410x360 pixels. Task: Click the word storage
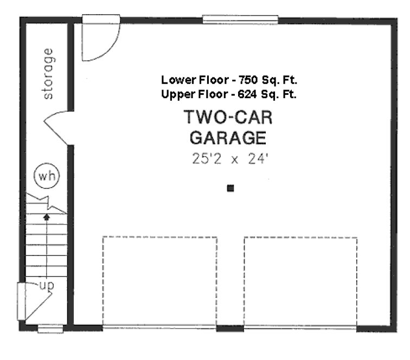48,74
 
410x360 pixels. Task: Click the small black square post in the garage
230,188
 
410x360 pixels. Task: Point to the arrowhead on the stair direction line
47,216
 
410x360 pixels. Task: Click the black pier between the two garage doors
230,328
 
